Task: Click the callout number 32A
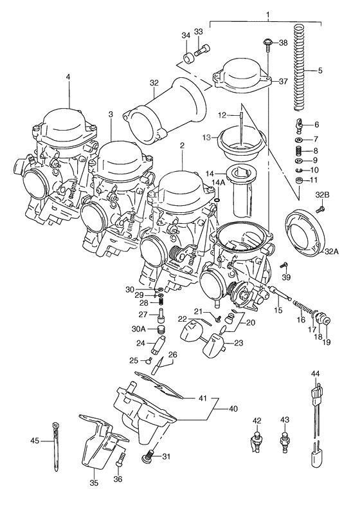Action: [330, 252]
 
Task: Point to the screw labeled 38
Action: [265, 44]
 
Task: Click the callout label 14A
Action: [219, 183]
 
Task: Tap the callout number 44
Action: [315, 373]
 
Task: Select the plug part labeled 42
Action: [256, 443]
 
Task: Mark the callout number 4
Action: [67, 78]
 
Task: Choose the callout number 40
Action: [233, 409]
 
